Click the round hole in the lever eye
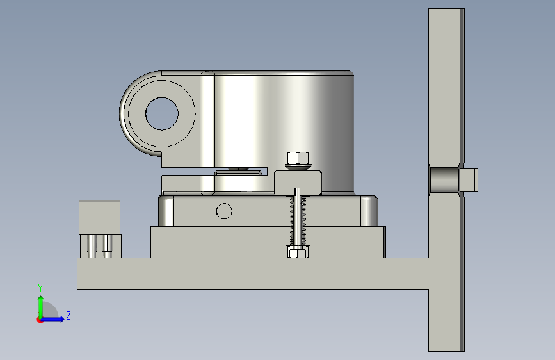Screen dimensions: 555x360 pos(162,114)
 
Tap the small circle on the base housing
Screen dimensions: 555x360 pos(224,211)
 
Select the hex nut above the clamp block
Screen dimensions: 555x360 pos(298,158)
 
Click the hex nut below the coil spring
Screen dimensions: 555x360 pos(297,252)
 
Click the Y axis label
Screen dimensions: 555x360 pos(40,288)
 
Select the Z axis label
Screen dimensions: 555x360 pos(68,315)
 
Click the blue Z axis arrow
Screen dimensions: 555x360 pos(52,319)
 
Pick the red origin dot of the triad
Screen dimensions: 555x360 pos(40,320)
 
